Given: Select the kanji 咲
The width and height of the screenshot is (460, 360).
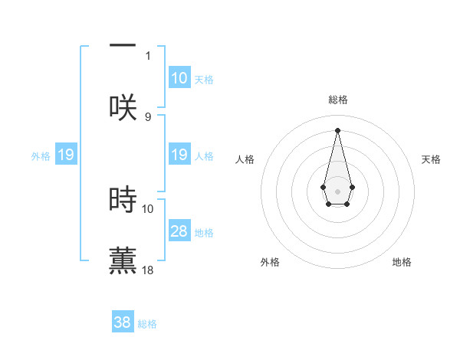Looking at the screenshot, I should click(123, 106).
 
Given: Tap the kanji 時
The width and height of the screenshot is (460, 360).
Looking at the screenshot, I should click(123, 199).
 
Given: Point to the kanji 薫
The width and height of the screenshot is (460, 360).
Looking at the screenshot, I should click(123, 260).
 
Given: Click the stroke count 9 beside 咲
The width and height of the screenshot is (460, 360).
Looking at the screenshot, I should click(148, 116).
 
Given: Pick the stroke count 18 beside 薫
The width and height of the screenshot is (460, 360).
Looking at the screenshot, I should click(148, 270).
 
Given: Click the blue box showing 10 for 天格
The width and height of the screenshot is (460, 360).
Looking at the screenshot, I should click(179, 78).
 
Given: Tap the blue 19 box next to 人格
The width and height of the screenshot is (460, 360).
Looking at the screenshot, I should click(179, 155).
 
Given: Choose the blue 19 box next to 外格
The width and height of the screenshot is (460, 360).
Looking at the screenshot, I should click(65, 155).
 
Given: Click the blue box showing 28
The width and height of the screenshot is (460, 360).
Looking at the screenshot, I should click(179, 231).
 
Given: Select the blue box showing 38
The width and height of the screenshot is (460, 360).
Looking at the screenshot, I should click(123, 322).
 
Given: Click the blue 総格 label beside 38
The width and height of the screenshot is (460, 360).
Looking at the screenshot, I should click(147, 324).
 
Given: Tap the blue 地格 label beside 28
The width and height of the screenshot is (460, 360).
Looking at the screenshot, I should click(204, 233).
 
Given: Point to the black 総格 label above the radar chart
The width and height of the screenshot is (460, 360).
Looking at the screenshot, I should click(337, 100).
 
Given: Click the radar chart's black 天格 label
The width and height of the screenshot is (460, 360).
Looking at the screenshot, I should click(431, 159).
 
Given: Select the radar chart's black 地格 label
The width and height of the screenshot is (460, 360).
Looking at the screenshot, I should click(402, 262).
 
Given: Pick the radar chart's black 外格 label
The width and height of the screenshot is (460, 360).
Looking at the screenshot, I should click(270, 262).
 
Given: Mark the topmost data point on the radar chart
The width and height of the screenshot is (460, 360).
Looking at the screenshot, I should click(337, 130).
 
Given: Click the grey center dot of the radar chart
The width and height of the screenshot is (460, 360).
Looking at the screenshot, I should click(337, 190).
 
